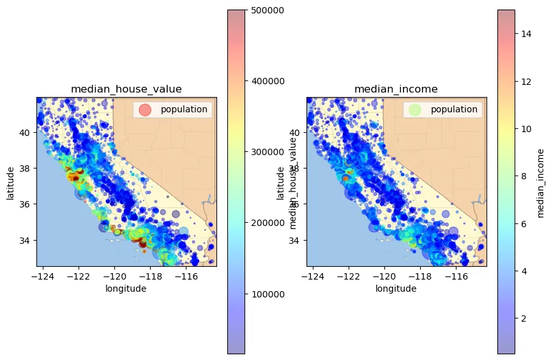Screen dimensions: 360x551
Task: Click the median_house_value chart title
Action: click(x=126, y=89)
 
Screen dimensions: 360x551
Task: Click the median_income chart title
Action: click(x=396, y=89)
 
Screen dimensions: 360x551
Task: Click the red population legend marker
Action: click(x=146, y=109)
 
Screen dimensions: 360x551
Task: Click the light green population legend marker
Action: click(x=416, y=109)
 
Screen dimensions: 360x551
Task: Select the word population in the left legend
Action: click(x=184, y=109)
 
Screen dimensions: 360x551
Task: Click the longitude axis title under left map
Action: click(x=126, y=289)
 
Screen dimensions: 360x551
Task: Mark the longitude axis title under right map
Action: click(x=396, y=289)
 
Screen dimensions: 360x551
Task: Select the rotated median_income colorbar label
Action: click(x=540, y=182)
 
